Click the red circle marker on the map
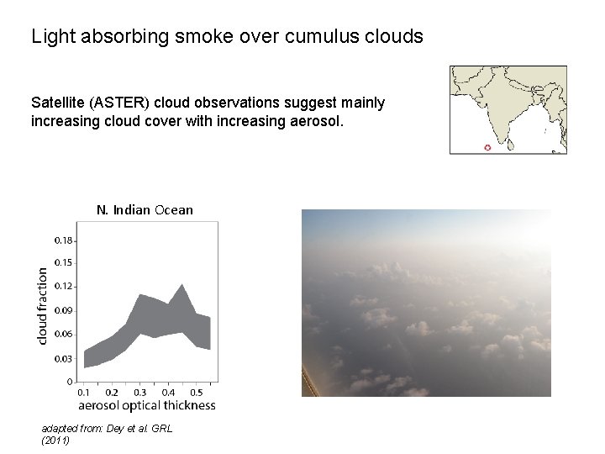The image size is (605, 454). tap(487, 148)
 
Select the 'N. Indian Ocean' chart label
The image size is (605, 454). tap(145, 209)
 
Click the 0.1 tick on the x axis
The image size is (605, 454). tap(84, 392)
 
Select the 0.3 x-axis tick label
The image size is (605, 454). tap(139, 392)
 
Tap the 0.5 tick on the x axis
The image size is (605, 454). tap(196, 392)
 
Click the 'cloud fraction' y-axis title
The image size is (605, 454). tap(43, 305)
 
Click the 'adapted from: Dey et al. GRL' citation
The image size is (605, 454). tap(106, 428)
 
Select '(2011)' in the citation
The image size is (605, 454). tap(55, 440)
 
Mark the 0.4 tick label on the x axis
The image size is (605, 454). tap(168, 392)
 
